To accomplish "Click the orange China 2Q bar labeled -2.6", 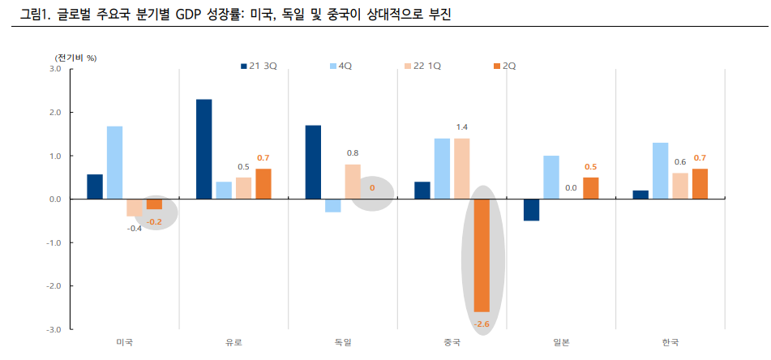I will coord(482,255).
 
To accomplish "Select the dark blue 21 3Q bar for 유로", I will coord(204,149).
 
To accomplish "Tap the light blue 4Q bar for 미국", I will coord(115,162).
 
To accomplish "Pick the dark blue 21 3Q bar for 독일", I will coord(313,162).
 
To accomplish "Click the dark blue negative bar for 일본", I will coord(531,209).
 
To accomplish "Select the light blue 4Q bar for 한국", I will coord(660,170).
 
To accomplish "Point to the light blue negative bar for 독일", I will coord(333,205).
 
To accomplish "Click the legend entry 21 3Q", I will coord(259,66).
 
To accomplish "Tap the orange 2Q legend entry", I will coord(504,66).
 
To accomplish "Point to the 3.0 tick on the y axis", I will coord(54,69).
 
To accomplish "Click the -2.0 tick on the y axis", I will coord(54,286).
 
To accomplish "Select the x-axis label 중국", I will coord(452,343).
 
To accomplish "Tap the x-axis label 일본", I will coord(560,343).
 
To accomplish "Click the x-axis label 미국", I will coord(125,343).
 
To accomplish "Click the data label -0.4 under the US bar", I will coord(134,229).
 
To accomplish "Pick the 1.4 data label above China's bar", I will coord(462,127).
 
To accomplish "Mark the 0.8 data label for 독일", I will coord(353,153).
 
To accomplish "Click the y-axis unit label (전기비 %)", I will coord(76,58).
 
